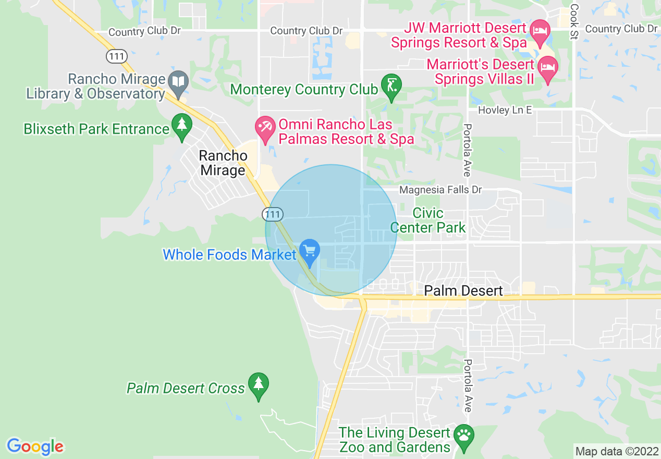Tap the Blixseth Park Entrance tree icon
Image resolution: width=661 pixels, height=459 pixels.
click(181, 126)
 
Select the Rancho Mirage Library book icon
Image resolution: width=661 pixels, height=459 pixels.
click(179, 82)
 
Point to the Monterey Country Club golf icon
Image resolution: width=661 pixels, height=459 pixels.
click(391, 86)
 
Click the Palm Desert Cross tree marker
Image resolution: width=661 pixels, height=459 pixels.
click(258, 385)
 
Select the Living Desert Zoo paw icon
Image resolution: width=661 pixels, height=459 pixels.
click(463, 436)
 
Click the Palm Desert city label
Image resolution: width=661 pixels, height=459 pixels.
click(463, 291)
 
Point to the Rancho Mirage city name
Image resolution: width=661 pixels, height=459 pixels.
click(223, 163)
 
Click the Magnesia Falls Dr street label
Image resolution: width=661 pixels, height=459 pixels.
click(440, 190)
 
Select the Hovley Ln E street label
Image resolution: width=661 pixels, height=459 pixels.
click(505, 110)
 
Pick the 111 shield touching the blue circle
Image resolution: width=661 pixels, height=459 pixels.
click(273, 214)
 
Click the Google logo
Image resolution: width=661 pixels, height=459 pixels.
click(35, 446)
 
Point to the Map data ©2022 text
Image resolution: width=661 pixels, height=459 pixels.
click(616, 451)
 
